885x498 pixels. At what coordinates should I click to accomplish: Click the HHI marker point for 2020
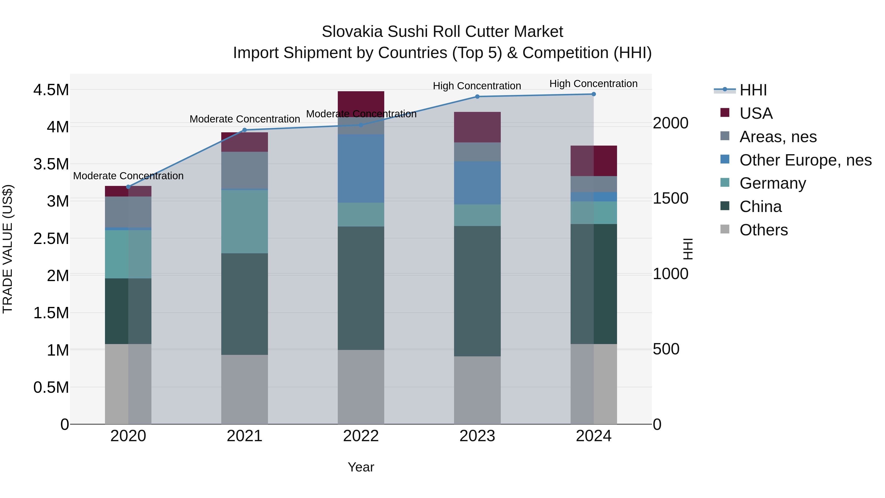[128, 187]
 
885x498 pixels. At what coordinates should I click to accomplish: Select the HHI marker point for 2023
[477, 97]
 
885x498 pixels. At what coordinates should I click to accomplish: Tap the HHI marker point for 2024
[593, 94]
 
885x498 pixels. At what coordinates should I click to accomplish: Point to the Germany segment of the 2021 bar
[244, 222]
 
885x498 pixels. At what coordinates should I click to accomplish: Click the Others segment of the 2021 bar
[244, 389]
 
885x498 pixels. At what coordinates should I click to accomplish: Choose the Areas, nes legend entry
[778, 137]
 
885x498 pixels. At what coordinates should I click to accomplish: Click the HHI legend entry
[752, 90]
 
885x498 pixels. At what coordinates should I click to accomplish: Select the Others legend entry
[763, 230]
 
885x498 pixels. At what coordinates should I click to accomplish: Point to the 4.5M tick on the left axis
[51, 90]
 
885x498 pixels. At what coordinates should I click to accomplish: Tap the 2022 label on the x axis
[361, 436]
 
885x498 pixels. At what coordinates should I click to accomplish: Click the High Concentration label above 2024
[593, 84]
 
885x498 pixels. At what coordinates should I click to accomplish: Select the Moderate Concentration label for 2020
[128, 176]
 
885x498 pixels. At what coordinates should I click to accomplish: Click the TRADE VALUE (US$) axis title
[8, 249]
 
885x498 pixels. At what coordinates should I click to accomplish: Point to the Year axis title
[361, 467]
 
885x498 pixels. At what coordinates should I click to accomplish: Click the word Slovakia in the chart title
[352, 32]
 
